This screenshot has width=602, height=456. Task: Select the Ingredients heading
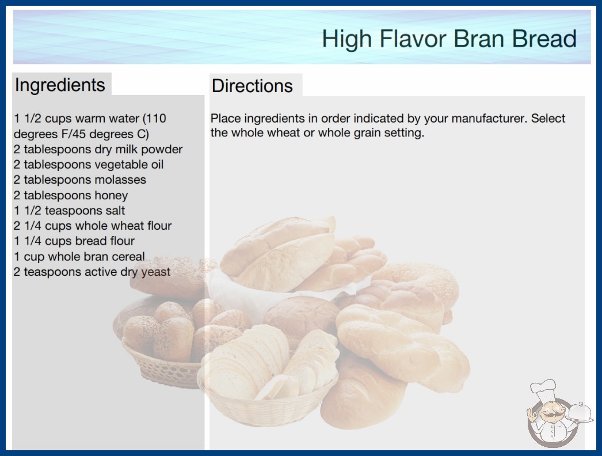click(x=60, y=85)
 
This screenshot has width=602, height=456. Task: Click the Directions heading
click(x=252, y=86)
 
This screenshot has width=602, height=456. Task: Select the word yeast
click(x=155, y=272)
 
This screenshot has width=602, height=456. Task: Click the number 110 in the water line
click(x=156, y=119)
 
